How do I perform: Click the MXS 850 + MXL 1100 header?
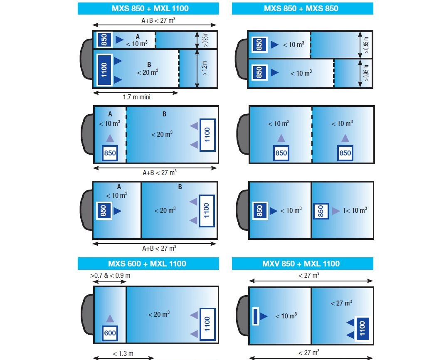click(148, 8)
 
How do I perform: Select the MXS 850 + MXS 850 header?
click(302, 8)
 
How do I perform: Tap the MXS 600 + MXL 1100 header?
click(148, 264)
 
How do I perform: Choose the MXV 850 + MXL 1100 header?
click(302, 264)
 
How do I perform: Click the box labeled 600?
click(110, 333)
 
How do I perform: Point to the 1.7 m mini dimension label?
click(136, 97)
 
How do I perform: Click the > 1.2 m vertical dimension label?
click(205, 68)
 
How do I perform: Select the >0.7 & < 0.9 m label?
click(110, 275)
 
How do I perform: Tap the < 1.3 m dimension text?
click(123, 353)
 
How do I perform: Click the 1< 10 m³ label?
click(355, 210)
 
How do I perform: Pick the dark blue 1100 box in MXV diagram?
click(362, 328)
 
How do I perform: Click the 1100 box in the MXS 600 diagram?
click(207, 324)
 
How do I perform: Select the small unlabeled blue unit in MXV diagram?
click(255, 316)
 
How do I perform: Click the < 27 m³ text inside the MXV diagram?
click(341, 303)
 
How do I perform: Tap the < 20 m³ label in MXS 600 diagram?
click(159, 314)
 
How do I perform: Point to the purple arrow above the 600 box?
click(110, 318)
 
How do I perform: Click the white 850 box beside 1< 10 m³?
click(321, 211)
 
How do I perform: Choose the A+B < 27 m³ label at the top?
click(158, 20)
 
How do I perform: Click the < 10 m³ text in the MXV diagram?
click(286, 316)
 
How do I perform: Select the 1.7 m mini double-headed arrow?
click(136, 93)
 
